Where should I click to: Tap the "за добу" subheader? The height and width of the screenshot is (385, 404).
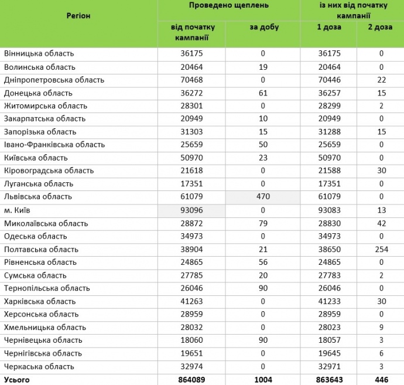[x=263, y=27]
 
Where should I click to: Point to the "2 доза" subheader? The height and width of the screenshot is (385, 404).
[x=380, y=27]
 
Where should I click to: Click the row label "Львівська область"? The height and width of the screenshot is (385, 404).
[x=38, y=197]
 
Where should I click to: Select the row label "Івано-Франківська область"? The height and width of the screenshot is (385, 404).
[x=54, y=145]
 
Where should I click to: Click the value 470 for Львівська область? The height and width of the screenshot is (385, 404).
[x=263, y=197]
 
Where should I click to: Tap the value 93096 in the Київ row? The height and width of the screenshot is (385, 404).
[x=193, y=210]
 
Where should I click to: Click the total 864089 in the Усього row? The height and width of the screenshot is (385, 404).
[x=193, y=380]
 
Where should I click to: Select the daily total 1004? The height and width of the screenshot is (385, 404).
[x=263, y=380]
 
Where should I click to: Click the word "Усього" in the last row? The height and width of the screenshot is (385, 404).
[x=17, y=380]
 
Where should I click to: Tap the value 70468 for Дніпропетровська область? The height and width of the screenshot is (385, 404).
[x=193, y=80]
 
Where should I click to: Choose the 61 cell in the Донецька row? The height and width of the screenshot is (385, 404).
[x=263, y=93]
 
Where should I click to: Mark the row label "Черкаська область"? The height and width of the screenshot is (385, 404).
[x=39, y=367]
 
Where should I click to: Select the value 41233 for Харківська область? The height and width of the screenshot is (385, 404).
[x=328, y=301]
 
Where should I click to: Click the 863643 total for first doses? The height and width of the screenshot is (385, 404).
[x=328, y=380]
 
